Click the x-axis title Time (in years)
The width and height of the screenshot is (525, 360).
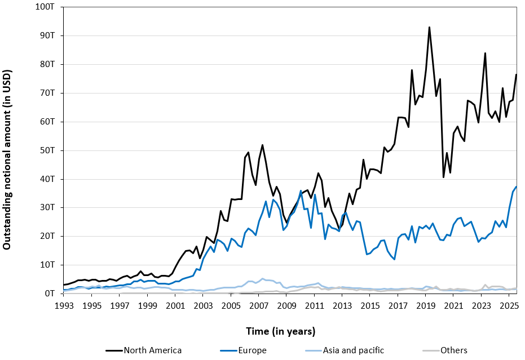click(280, 331)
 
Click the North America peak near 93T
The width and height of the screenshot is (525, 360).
click(429, 27)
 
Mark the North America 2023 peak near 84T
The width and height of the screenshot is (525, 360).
click(485, 53)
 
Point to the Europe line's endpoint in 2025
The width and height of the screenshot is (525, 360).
click(516, 186)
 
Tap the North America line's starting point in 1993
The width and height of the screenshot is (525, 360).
click(64, 285)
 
